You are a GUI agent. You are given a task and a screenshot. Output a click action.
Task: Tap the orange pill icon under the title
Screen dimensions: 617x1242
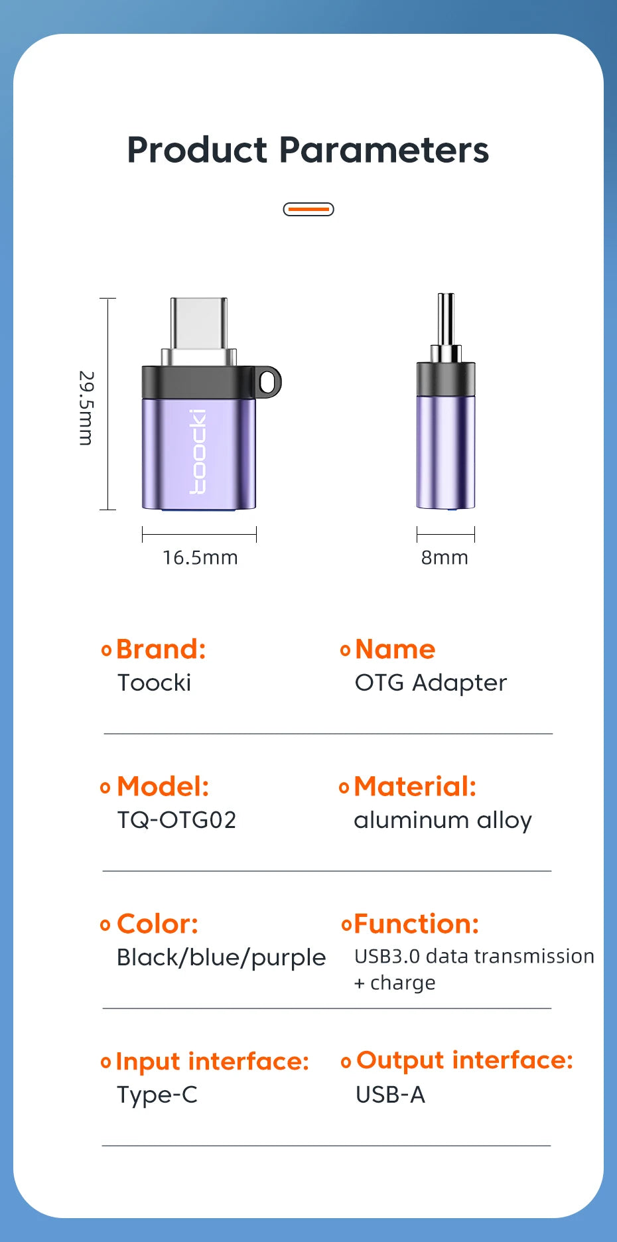tap(308, 209)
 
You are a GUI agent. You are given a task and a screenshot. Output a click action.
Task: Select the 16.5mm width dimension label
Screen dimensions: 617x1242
tap(200, 557)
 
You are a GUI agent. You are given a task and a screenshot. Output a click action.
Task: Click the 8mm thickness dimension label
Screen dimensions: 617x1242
tap(445, 557)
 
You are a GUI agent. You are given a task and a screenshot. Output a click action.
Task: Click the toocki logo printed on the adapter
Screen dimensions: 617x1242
tap(198, 451)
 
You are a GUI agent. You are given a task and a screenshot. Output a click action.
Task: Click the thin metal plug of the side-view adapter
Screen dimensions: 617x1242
tap(446, 320)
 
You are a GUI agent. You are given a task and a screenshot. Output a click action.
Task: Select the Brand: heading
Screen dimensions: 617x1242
tap(161, 649)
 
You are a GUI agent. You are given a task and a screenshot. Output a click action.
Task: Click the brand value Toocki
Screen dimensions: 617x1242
tap(154, 683)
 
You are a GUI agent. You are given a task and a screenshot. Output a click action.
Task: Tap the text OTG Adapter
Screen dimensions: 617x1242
tap(431, 683)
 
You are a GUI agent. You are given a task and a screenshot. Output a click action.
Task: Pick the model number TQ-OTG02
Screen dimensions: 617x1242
tap(176, 820)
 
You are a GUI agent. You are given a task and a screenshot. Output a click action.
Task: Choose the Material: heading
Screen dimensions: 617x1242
tap(415, 786)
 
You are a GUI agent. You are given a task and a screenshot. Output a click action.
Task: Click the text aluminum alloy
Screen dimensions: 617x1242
tap(443, 821)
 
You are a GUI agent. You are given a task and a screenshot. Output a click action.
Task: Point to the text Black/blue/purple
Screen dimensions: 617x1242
tap(222, 958)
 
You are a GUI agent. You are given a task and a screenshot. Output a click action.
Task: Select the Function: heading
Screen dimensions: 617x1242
tap(417, 924)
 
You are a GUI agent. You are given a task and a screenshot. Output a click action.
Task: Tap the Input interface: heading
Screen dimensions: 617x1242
tap(212, 1062)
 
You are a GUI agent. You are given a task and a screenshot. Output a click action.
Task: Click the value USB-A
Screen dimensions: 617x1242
tap(390, 1095)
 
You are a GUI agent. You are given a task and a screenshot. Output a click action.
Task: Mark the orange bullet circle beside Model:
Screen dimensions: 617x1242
tap(105, 788)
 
